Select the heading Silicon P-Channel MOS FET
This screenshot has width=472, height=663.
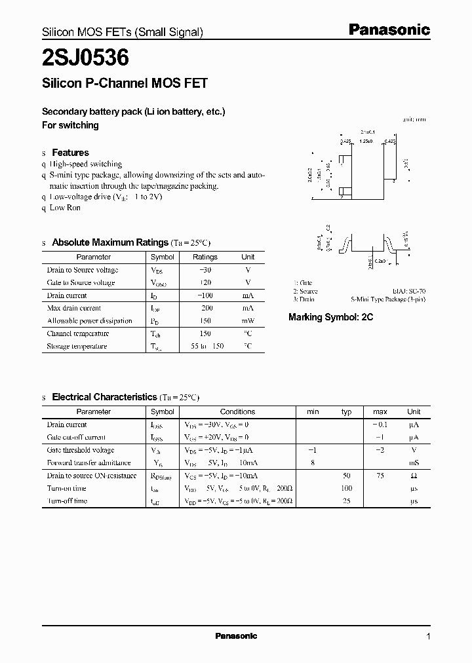pyautogui.click(x=125, y=83)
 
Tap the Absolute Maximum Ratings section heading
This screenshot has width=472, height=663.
pyautogui.click(x=110, y=242)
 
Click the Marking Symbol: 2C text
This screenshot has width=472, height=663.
pyautogui.click(x=330, y=317)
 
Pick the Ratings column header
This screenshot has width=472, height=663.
pyautogui.click(x=205, y=257)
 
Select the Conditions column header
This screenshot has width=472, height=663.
pyautogui.click(x=237, y=412)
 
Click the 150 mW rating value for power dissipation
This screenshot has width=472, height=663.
pyautogui.click(x=205, y=321)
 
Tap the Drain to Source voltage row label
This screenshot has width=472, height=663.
pyautogui.click(x=83, y=270)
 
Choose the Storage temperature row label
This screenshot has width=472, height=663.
pyautogui.click(x=77, y=347)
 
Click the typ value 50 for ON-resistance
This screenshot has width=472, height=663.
pyautogui.click(x=347, y=476)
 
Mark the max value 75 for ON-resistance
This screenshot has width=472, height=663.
pyautogui.click(x=380, y=476)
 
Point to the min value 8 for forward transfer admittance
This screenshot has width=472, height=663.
pyautogui.click(x=313, y=463)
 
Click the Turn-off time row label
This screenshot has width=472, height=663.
pyautogui.click(x=67, y=501)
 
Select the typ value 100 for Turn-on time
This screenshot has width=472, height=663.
pyautogui.click(x=347, y=488)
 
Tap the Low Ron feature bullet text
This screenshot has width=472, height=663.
pyautogui.click(x=65, y=208)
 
